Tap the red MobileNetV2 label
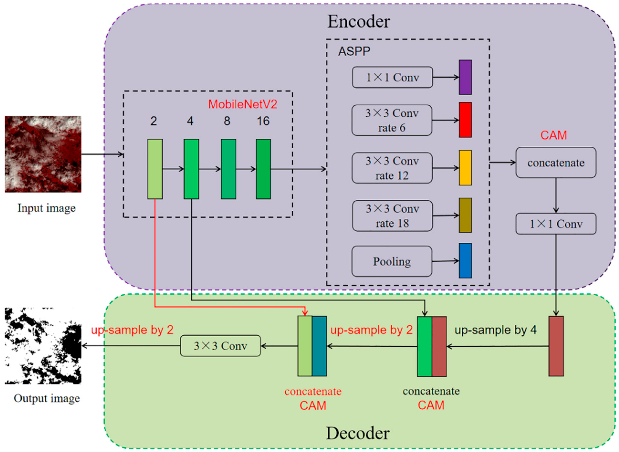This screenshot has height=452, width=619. tap(242, 104)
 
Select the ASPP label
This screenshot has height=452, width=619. tap(354, 51)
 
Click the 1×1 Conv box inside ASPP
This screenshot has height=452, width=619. tap(392, 77)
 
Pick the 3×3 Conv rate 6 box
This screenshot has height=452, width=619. tap(392, 120)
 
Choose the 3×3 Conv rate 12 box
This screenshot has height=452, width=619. tap(392, 168)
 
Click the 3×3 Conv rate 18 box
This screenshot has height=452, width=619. tap(392, 216)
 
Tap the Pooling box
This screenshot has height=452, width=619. tap(392, 261)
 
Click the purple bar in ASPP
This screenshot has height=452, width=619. tap(465, 77)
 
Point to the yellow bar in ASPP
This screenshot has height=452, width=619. tap(465, 168)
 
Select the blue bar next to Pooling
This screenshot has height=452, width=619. tap(465, 261)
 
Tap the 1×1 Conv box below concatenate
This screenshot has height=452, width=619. tap(556, 224)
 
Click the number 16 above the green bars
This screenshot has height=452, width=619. tap(263, 121)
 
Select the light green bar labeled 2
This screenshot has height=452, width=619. tap(155, 169)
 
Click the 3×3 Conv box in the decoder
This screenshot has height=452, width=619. tap(220, 346)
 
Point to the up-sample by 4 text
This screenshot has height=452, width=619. tap(495, 330)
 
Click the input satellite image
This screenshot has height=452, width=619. tap(43, 154)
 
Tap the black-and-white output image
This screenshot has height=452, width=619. tap(43, 346)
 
